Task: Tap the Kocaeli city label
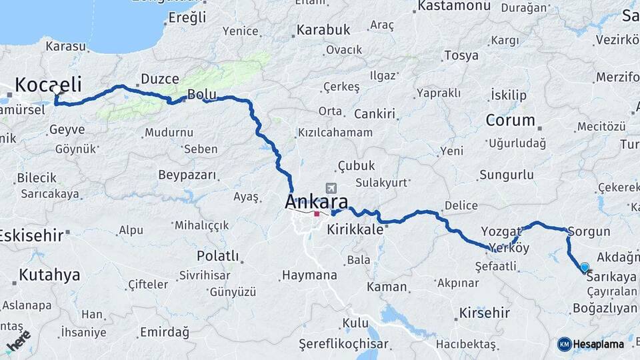click(48, 85)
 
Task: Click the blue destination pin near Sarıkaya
click(585, 267)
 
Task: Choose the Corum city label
click(511, 121)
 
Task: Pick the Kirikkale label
click(355, 229)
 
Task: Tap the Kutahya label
click(49, 275)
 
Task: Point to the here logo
click(19, 340)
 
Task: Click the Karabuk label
click(323, 30)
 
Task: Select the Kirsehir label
click(485, 313)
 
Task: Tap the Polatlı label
click(217, 256)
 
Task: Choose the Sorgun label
click(589, 232)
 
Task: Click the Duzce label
click(155, 79)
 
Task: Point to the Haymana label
click(309, 275)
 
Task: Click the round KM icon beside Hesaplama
click(565, 344)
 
